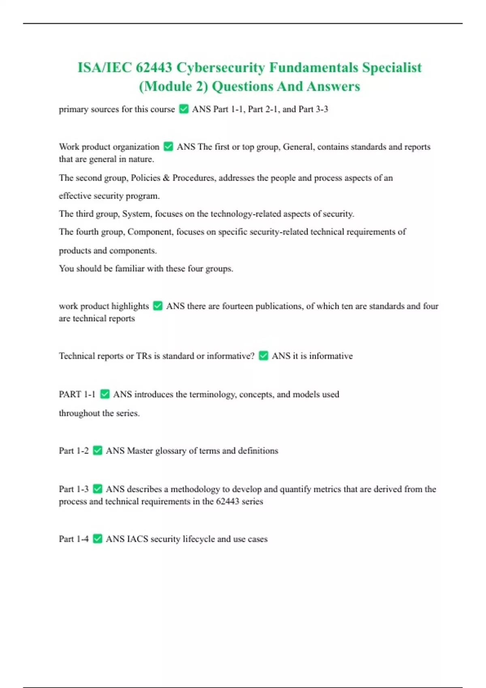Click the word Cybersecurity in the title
[x=220, y=67]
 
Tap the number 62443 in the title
[x=154, y=67]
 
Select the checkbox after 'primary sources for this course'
[x=184, y=109]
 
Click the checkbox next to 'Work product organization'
[x=168, y=147]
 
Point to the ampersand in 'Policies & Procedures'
[x=166, y=178]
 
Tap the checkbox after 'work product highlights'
[x=158, y=306]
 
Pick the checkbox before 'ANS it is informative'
[x=263, y=356]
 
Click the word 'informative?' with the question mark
[x=230, y=356]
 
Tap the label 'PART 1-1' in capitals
[x=77, y=394]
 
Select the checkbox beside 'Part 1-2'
[x=98, y=450]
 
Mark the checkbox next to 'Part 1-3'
[x=98, y=489]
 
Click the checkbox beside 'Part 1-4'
[x=98, y=539]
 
